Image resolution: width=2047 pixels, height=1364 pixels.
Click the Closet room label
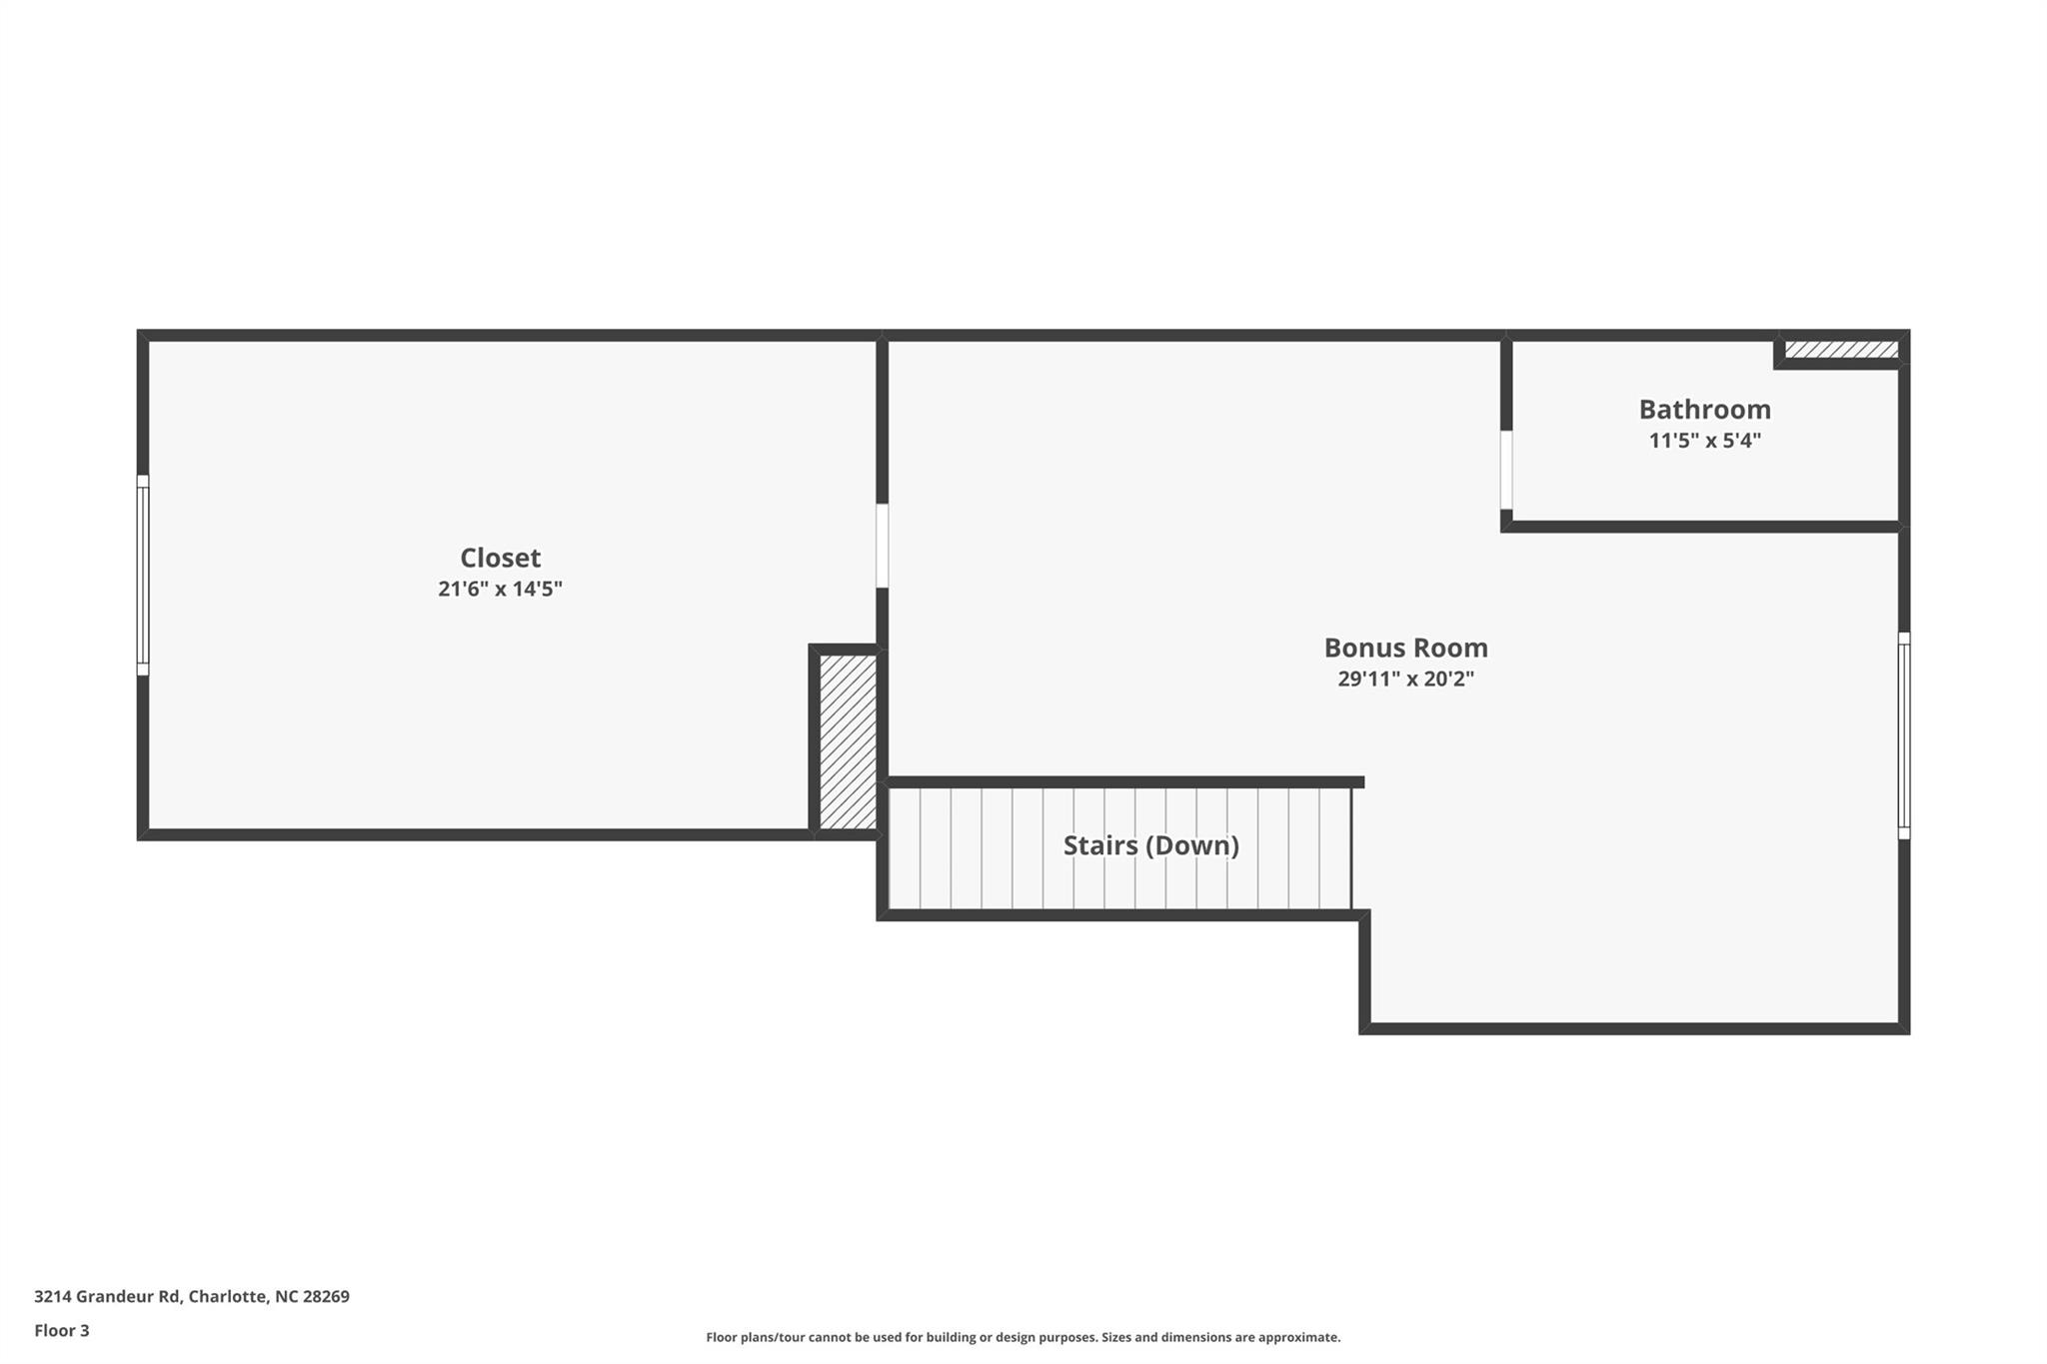[500, 558]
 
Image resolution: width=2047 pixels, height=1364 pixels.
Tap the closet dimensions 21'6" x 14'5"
[500, 589]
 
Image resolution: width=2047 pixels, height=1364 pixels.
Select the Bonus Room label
[1405, 648]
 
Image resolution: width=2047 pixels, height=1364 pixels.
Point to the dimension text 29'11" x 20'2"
[1405, 679]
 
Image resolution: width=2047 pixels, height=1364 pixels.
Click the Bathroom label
[1704, 409]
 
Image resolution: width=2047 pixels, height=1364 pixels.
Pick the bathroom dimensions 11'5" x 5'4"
[1704, 440]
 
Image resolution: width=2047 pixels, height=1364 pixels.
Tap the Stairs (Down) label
[1150, 845]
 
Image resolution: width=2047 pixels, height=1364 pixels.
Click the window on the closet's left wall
[143, 576]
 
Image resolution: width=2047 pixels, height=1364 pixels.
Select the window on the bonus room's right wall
[1903, 735]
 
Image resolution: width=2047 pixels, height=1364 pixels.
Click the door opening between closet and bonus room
[882, 546]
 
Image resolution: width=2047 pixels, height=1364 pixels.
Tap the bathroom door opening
[1506, 470]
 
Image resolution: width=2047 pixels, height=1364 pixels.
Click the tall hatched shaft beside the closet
[848, 740]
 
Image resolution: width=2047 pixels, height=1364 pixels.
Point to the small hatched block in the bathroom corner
[1840, 350]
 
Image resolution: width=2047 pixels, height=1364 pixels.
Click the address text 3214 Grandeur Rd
[107, 1296]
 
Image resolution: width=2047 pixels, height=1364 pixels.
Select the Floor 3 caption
[62, 1330]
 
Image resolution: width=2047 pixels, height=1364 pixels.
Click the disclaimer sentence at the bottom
[1023, 1337]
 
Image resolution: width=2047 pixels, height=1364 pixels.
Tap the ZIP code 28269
[326, 1296]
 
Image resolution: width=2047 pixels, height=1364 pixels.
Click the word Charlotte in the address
[229, 1296]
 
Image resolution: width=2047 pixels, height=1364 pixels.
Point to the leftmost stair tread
[904, 848]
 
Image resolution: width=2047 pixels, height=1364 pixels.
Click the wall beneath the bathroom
[1704, 527]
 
